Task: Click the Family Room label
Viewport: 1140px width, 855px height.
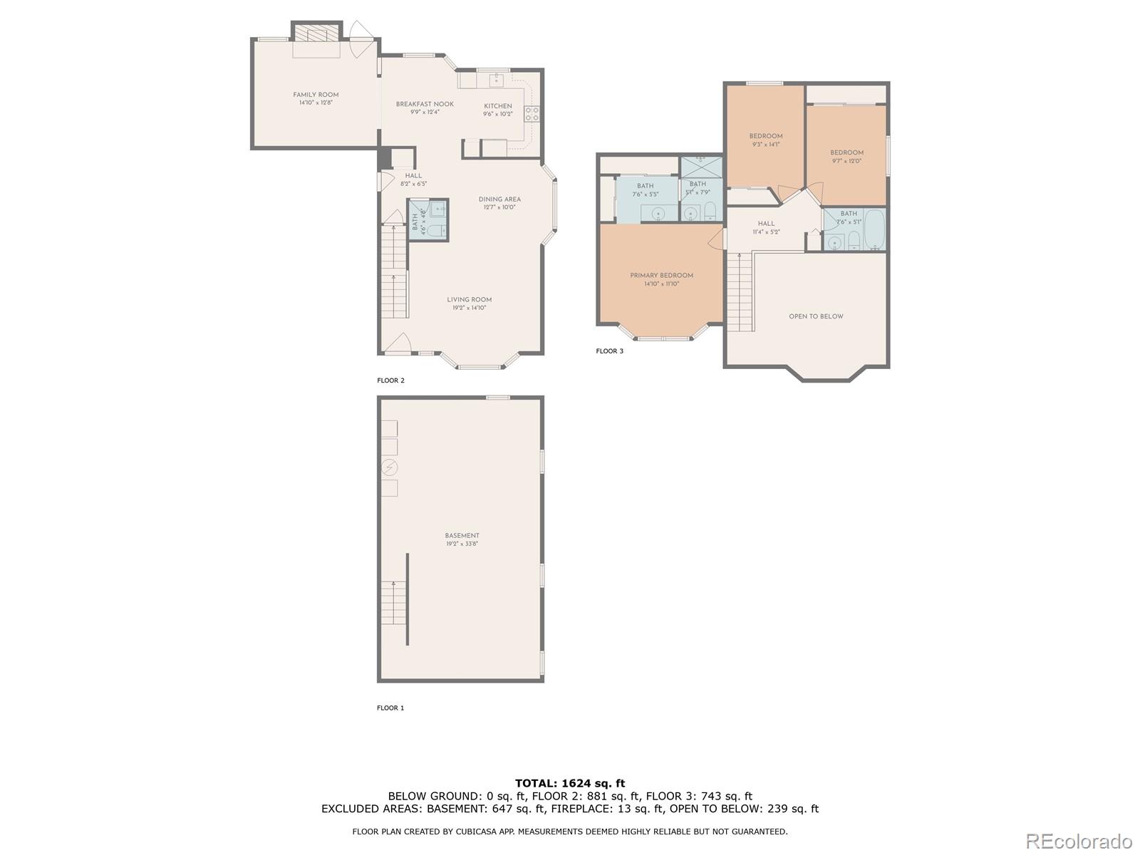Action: point(316,95)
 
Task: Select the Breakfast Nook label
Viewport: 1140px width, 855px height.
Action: point(425,104)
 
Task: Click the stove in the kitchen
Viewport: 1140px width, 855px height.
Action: point(532,114)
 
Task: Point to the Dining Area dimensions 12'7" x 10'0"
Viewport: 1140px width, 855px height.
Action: point(499,208)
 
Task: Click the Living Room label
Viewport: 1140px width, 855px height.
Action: point(469,300)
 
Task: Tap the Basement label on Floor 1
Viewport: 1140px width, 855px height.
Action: point(462,536)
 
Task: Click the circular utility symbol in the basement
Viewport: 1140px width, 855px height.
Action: point(390,467)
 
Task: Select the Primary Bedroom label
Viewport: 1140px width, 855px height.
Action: point(661,276)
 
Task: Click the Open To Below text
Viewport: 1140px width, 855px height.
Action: point(816,316)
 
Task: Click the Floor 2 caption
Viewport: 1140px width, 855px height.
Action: point(390,380)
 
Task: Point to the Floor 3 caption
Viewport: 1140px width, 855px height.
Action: point(609,351)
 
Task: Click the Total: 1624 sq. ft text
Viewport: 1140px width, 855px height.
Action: point(570,783)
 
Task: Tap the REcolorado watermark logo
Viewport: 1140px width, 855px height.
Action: point(1079,841)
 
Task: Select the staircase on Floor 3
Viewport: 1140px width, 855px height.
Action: point(740,292)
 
